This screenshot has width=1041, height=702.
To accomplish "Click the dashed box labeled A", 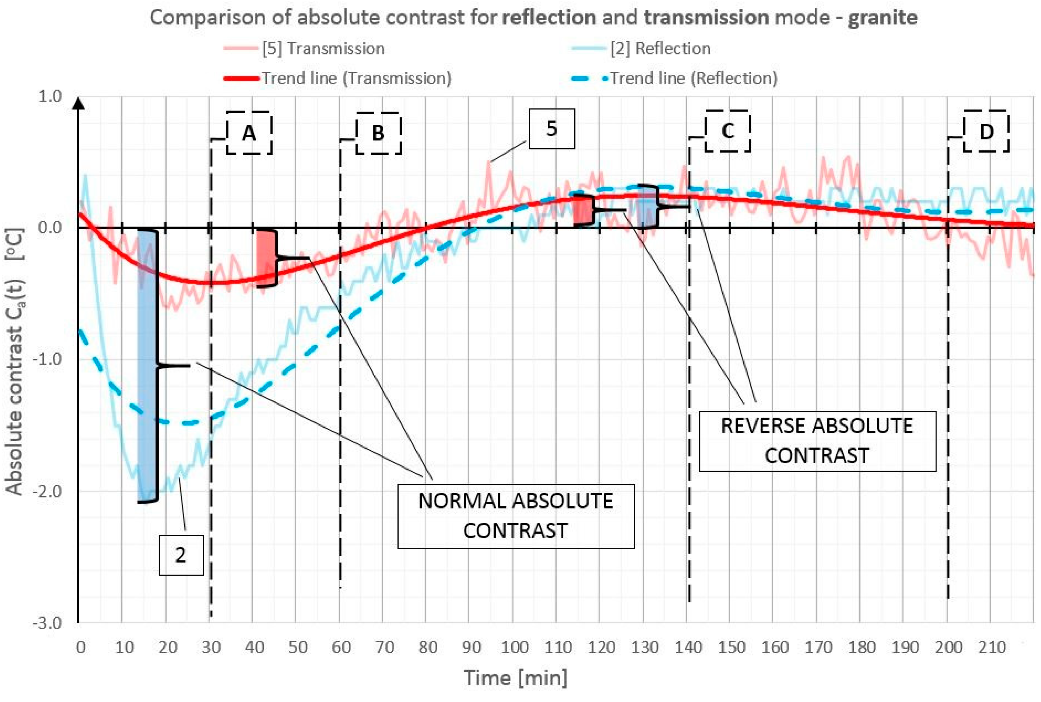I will tap(249, 133).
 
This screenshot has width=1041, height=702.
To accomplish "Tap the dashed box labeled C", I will tap(727, 131).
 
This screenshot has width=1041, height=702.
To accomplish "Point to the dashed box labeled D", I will tap(986, 131).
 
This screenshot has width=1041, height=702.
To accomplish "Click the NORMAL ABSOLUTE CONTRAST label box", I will tap(515, 516).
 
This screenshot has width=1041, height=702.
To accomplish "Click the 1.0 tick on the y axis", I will tap(50, 96).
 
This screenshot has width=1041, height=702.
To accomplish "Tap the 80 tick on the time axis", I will tap(427, 647).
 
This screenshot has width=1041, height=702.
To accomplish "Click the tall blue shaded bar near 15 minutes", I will tap(147, 365).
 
